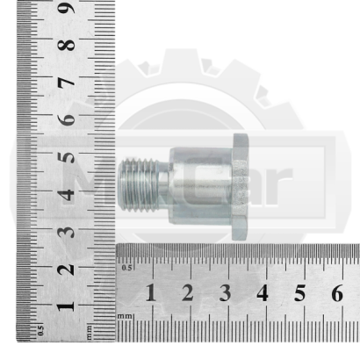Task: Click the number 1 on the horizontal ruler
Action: point(151,293)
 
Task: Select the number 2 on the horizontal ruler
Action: point(188,293)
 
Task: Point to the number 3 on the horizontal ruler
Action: point(226,293)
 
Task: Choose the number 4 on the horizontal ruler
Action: point(263,293)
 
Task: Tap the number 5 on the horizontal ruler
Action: point(300,293)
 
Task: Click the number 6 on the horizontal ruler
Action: point(337,293)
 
